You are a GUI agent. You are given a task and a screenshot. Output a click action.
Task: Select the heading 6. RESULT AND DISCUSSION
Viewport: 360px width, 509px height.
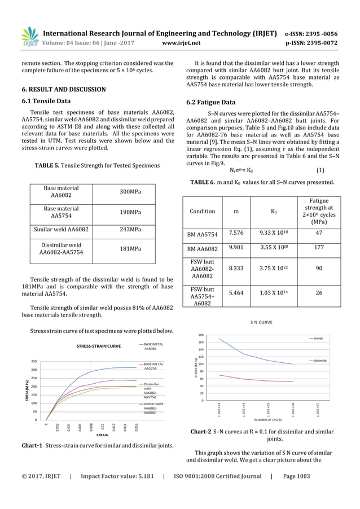(63, 89)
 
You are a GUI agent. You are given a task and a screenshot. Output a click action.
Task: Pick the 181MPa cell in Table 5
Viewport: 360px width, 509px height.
(131, 249)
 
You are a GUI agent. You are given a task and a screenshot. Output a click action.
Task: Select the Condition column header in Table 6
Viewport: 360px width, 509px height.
(202, 211)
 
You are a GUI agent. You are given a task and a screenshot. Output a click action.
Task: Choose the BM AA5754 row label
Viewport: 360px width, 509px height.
(202, 233)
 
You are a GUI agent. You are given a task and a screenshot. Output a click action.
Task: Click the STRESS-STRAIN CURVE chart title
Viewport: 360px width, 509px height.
(99, 345)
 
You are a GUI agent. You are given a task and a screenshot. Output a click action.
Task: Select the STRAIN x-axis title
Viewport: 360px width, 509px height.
(102, 435)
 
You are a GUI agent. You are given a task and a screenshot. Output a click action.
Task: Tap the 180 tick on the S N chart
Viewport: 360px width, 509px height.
(201, 335)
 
